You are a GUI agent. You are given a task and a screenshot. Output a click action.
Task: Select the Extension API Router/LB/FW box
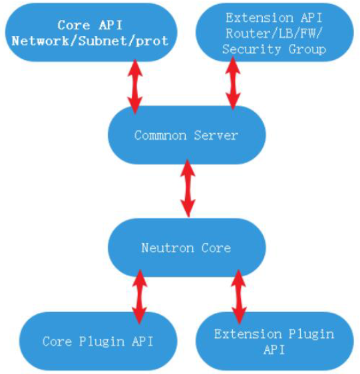coord(273,33)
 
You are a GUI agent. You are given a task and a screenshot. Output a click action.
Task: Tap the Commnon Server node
coord(186,135)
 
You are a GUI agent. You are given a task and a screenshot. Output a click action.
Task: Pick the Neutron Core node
coord(186,248)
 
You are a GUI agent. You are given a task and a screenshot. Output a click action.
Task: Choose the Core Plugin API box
coord(98,341)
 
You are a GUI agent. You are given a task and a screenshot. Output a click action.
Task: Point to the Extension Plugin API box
coord(273,341)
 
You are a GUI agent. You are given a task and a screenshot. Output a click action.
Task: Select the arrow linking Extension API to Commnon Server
coord(232,83)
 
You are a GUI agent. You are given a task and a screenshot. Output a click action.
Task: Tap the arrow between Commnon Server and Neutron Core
coord(188,188)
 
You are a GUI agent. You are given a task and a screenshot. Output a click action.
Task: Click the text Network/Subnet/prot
coord(92,41)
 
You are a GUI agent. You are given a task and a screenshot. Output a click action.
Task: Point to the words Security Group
coord(273,50)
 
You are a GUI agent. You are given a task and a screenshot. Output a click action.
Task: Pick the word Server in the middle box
coord(216,135)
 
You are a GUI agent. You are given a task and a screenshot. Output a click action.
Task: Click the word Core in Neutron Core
coord(216,248)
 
